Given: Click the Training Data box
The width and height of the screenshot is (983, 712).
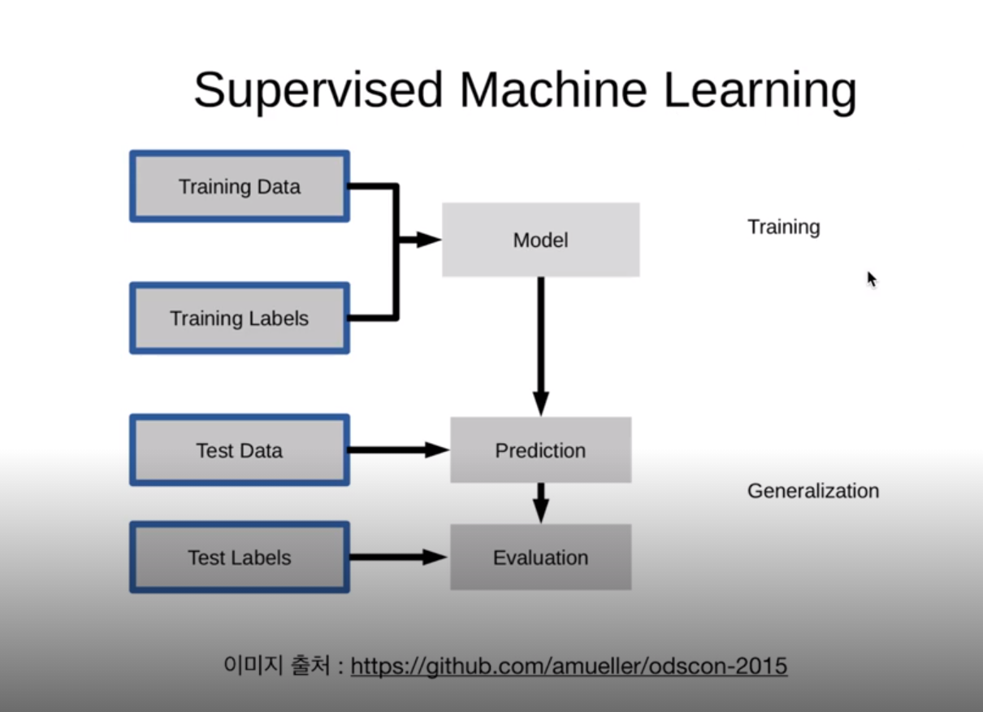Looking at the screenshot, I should click(x=240, y=187).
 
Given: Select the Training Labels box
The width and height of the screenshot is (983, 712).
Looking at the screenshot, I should click(x=240, y=319).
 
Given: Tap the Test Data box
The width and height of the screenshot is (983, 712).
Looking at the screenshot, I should click(x=240, y=450).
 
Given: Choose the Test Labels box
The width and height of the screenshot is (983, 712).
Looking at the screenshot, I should click(x=240, y=558).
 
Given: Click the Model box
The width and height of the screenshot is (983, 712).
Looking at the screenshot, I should click(x=540, y=241).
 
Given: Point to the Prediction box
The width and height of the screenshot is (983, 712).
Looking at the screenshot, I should click(x=540, y=450).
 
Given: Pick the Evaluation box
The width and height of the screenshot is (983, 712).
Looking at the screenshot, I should click(x=540, y=558).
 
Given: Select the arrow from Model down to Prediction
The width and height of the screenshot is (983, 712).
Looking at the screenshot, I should click(x=541, y=341).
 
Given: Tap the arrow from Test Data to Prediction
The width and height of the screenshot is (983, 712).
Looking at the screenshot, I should click(x=398, y=450).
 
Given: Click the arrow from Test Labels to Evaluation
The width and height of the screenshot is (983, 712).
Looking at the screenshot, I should click(x=398, y=558).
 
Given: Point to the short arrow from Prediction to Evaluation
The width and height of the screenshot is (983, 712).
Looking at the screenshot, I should click(x=541, y=502).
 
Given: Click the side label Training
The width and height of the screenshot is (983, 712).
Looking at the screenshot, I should click(x=783, y=227).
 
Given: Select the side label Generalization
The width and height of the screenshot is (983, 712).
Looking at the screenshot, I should click(x=812, y=491).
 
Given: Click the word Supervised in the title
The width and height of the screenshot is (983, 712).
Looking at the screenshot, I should click(x=318, y=89).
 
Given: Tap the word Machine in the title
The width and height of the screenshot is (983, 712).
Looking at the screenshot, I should click(x=552, y=89).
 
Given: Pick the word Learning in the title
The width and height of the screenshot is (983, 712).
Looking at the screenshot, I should click(x=760, y=89).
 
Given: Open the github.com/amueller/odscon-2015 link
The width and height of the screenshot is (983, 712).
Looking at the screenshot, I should click(x=569, y=666).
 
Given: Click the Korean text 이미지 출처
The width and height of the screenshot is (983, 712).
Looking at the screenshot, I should click(x=276, y=666).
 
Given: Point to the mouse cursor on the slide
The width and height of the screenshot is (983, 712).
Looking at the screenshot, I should click(x=872, y=279).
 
